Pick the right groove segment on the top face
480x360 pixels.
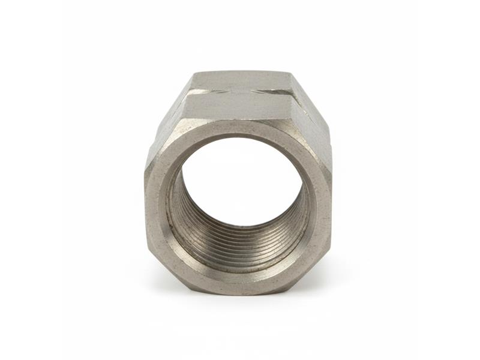pyautogui.click(x=273, y=91)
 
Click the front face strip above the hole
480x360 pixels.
pyautogui.click(x=240, y=127)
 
